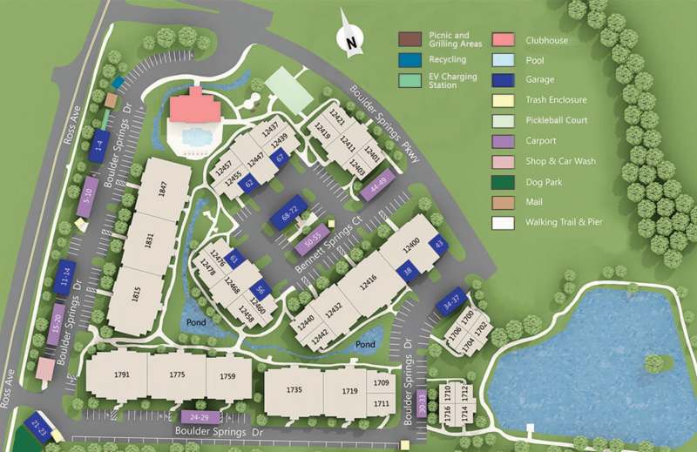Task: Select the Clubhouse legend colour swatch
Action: [503, 40]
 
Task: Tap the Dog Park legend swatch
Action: [503, 182]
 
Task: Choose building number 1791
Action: [121, 375]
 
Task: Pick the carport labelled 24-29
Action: [200, 417]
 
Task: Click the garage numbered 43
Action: [439, 245]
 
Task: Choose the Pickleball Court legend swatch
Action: [503, 121]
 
